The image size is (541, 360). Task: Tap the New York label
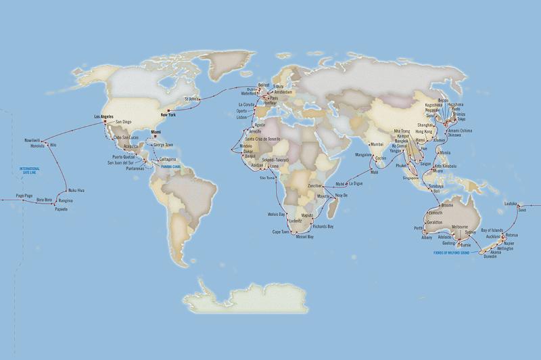pos(166,115)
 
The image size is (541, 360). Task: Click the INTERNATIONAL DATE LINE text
pos(30,169)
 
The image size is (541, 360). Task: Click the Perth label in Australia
pos(419,228)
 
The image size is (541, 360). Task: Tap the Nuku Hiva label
pos(76,190)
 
